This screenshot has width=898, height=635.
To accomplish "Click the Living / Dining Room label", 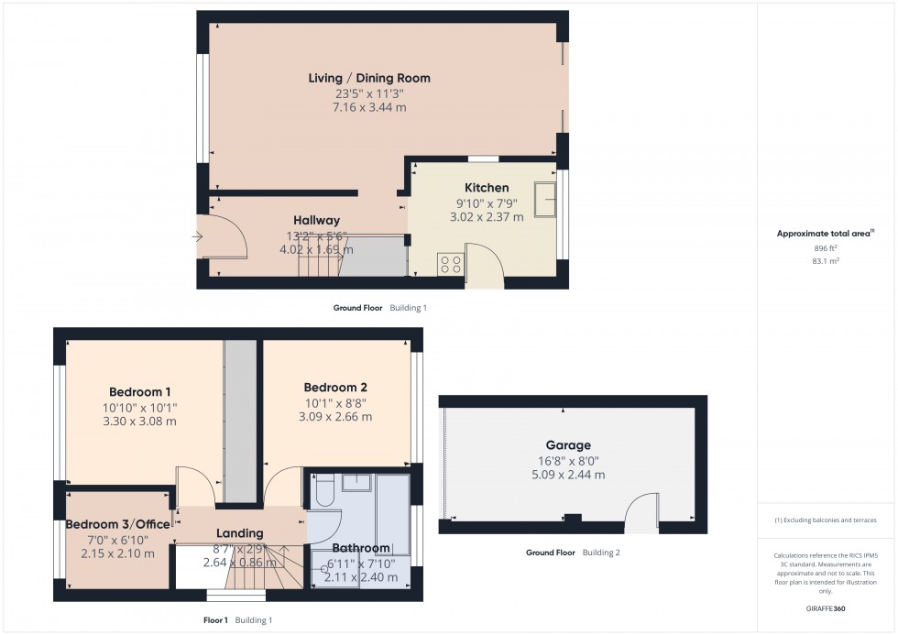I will tap(369, 78).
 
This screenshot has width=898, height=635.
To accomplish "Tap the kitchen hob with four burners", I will tap(451, 263).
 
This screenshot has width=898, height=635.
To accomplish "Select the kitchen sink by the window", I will tap(547, 195).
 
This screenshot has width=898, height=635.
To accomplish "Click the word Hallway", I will tap(316, 220).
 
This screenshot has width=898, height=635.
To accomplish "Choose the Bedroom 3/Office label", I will tap(117, 524).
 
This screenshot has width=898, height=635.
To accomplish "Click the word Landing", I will tap(239, 533).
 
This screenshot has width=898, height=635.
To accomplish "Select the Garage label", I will tap(570, 445).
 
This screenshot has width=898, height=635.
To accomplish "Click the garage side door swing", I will tap(643, 511).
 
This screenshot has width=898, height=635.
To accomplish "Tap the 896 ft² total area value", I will tap(826, 247).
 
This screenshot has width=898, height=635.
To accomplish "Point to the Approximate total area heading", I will tap(826, 233).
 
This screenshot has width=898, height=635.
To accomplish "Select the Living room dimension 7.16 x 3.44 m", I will tap(369, 107).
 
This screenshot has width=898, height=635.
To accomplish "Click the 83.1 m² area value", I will tap(826, 260).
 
